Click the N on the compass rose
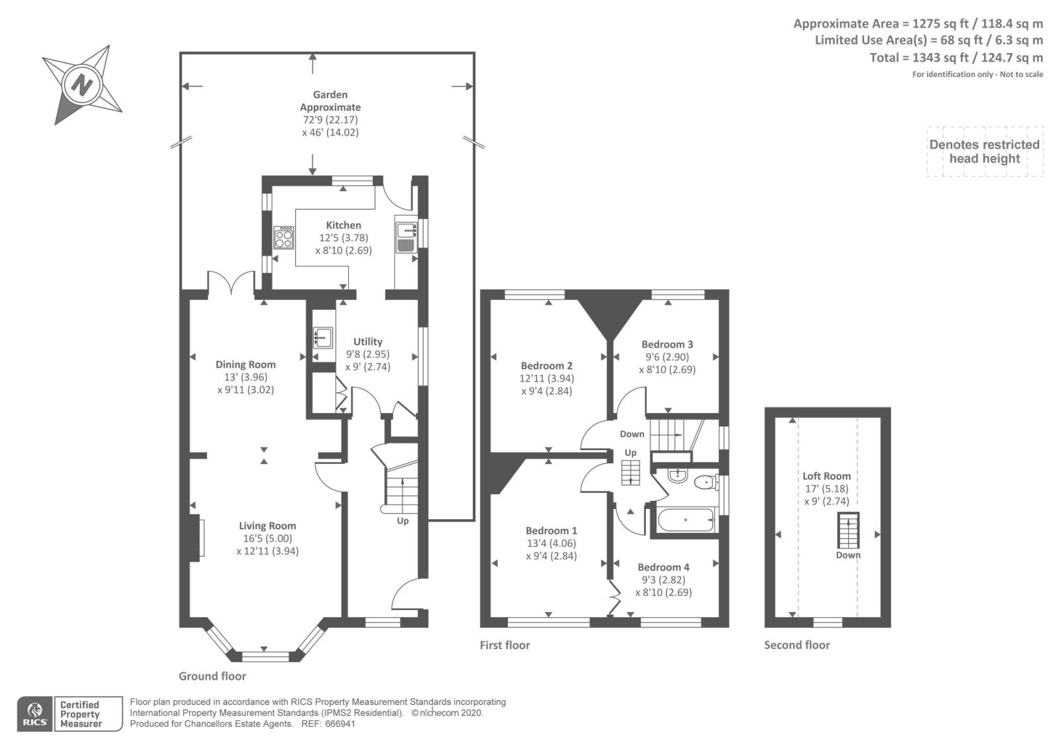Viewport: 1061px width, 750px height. pyautogui.click(x=82, y=86)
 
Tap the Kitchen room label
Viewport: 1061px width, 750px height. pyautogui.click(x=343, y=225)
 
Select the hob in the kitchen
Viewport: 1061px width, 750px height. pyautogui.click(x=284, y=238)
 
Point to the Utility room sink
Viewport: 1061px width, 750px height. pyautogui.click(x=322, y=338)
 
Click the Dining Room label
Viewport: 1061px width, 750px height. pyautogui.click(x=245, y=364)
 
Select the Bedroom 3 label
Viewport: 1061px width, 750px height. pyautogui.click(x=667, y=344)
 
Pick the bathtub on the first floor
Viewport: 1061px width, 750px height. pyautogui.click(x=686, y=520)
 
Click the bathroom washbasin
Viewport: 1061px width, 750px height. pyautogui.click(x=678, y=475)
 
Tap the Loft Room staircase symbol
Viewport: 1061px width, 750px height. pyautogui.click(x=848, y=530)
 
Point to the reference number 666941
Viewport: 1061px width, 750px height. pyautogui.click(x=340, y=724)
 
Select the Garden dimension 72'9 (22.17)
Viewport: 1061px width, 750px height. pyautogui.click(x=330, y=120)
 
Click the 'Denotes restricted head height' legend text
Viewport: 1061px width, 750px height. pyautogui.click(x=984, y=152)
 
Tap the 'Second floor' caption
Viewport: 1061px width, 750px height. pyautogui.click(x=796, y=644)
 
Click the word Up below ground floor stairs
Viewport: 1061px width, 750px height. pyautogui.click(x=403, y=521)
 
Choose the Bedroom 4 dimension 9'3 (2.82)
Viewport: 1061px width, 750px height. pyautogui.click(x=663, y=580)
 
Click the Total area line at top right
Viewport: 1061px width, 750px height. pyautogui.click(x=956, y=58)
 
